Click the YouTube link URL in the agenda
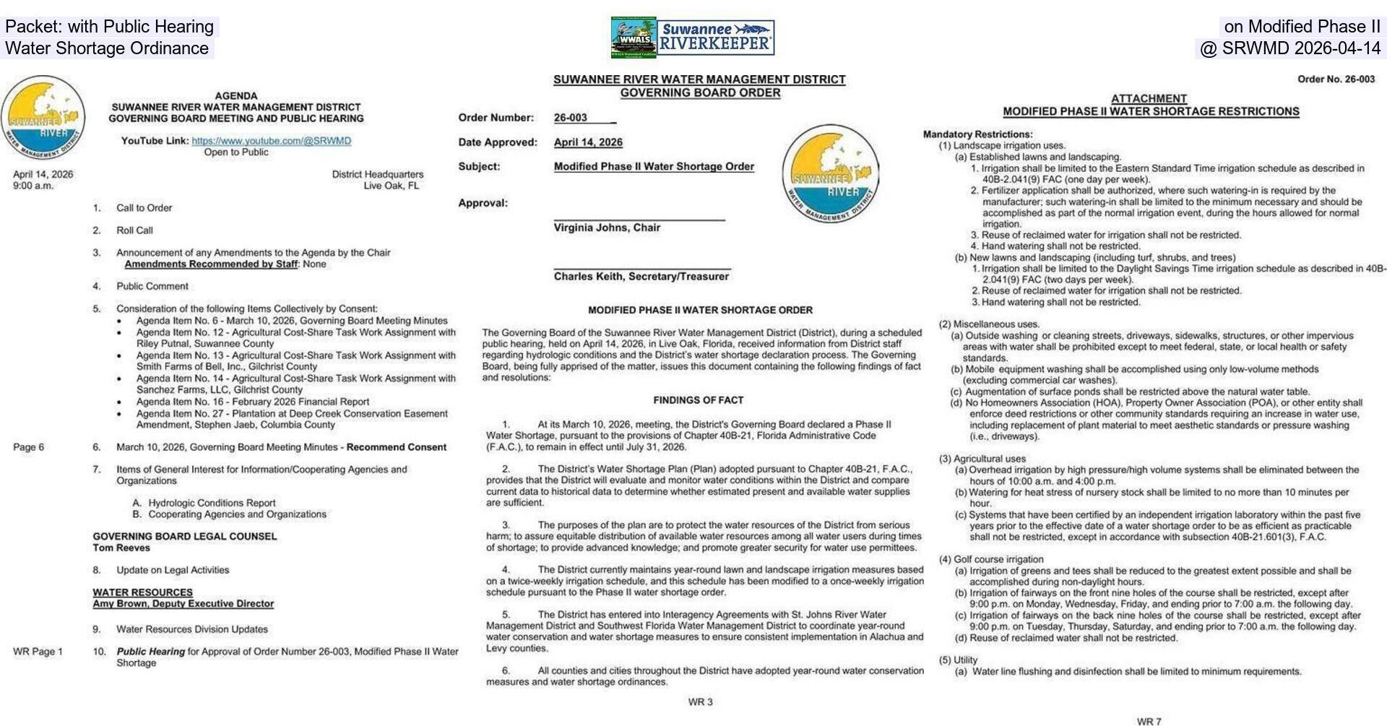pyautogui.click(x=271, y=141)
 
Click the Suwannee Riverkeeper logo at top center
pyautogui.click(x=692, y=38)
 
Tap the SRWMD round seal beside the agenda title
pyautogui.click(x=43, y=118)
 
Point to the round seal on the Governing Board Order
pyautogui.click(x=830, y=173)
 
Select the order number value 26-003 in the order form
pyautogui.click(x=571, y=118)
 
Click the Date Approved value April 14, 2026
pyautogui.click(x=588, y=142)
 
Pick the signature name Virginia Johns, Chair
pyautogui.click(x=607, y=228)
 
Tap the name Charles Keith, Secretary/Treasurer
pyautogui.click(x=641, y=277)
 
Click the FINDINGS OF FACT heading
pyautogui.click(x=698, y=400)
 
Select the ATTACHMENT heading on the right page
pyautogui.click(x=1149, y=99)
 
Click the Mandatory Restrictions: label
pyautogui.click(x=977, y=134)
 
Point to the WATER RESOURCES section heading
pyautogui.click(x=142, y=592)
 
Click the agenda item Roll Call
pyautogui.click(x=134, y=230)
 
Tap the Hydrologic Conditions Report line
pyautogui.click(x=212, y=503)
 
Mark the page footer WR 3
pyautogui.click(x=699, y=702)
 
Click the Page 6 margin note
pyautogui.click(x=28, y=447)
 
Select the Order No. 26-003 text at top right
pyautogui.click(x=1336, y=79)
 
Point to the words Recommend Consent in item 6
pyautogui.click(x=396, y=447)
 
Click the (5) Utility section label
pyautogui.click(x=958, y=660)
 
